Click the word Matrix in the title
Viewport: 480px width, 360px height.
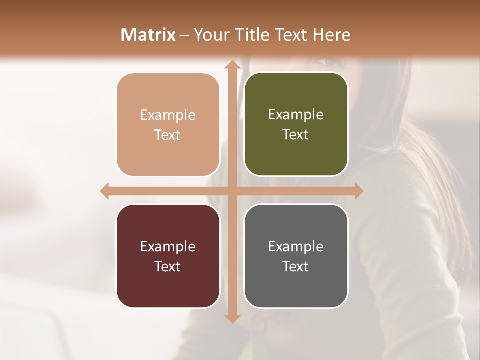pyautogui.click(x=148, y=35)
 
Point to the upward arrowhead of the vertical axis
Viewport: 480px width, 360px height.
pyautogui.click(x=232, y=65)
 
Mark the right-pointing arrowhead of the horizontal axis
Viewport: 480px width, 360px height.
pyautogui.click(x=358, y=191)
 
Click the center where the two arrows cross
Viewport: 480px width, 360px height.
pyautogui.click(x=232, y=191)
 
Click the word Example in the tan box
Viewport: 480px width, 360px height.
pyautogui.click(x=168, y=115)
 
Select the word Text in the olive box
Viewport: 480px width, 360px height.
pyautogui.click(x=296, y=135)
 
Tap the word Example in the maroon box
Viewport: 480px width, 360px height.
pyautogui.click(x=168, y=247)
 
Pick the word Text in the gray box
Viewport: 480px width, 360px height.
pyautogui.click(x=296, y=266)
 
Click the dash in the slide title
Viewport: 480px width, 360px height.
pyautogui.click(x=184, y=35)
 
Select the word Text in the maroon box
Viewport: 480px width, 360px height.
pyautogui.click(x=168, y=266)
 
